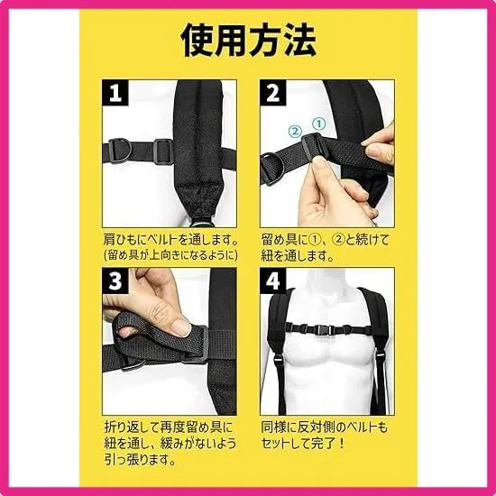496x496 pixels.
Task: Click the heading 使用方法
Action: click(248, 41)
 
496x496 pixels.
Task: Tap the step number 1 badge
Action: click(115, 93)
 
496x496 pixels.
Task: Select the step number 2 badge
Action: click(273, 93)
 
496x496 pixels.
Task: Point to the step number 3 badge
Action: click(115, 280)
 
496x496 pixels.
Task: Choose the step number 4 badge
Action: click(273, 280)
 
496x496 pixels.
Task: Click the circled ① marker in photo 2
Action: click(319, 124)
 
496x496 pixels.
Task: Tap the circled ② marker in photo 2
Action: click(295, 131)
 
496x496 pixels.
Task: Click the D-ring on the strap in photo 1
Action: click(120, 151)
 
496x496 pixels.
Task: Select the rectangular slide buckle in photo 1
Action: click(163, 152)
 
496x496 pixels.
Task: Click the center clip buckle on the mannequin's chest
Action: click(323, 330)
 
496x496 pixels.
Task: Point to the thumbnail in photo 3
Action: click(182, 326)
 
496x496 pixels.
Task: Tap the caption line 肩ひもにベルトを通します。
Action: click(170, 240)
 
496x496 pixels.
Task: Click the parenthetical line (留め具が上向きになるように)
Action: click(170, 255)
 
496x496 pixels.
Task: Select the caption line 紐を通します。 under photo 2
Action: click(298, 255)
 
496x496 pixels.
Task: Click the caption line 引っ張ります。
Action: click(140, 459)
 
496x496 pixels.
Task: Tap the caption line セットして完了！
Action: click(303, 444)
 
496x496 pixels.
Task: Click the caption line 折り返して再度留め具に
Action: click(169, 427)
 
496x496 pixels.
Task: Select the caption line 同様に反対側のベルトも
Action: click(325, 427)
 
